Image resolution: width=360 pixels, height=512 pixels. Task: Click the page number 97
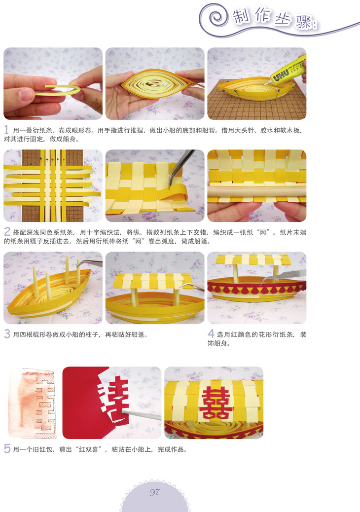pyautogui.click(x=155, y=492)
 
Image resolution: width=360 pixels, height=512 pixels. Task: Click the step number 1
pyautogui.click(x=6, y=130)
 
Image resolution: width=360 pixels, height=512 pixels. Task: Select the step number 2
pyautogui.click(x=7, y=232)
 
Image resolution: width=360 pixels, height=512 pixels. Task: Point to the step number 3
pyautogui.click(x=7, y=334)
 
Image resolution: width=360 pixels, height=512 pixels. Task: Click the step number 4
pyautogui.click(x=211, y=334)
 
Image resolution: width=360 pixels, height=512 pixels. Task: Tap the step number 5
pyautogui.click(x=7, y=449)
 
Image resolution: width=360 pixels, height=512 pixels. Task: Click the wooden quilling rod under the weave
pyautogui.click(x=257, y=191)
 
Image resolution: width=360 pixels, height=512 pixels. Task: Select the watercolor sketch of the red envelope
pyautogui.click(x=32, y=402)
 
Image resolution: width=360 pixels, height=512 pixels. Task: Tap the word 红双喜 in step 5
pyautogui.click(x=88, y=450)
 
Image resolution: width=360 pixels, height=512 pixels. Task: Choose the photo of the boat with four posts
pyautogui.click(x=53, y=288)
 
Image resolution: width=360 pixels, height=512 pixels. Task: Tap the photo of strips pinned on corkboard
pyautogui.click(x=53, y=186)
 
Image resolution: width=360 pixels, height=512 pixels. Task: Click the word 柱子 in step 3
pyautogui.click(x=92, y=335)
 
